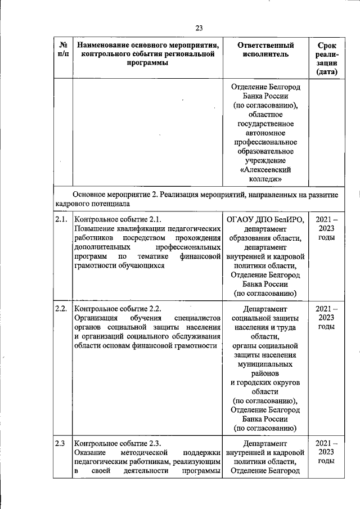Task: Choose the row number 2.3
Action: pyautogui.click(x=60, y=443)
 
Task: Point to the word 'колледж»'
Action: pyautogui.click(x=267, y=179)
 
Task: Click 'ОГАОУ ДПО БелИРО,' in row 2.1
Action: pyautogui.click(x=267, y=219)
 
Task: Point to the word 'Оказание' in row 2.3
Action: pyautogui.click(x=90, y=452)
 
